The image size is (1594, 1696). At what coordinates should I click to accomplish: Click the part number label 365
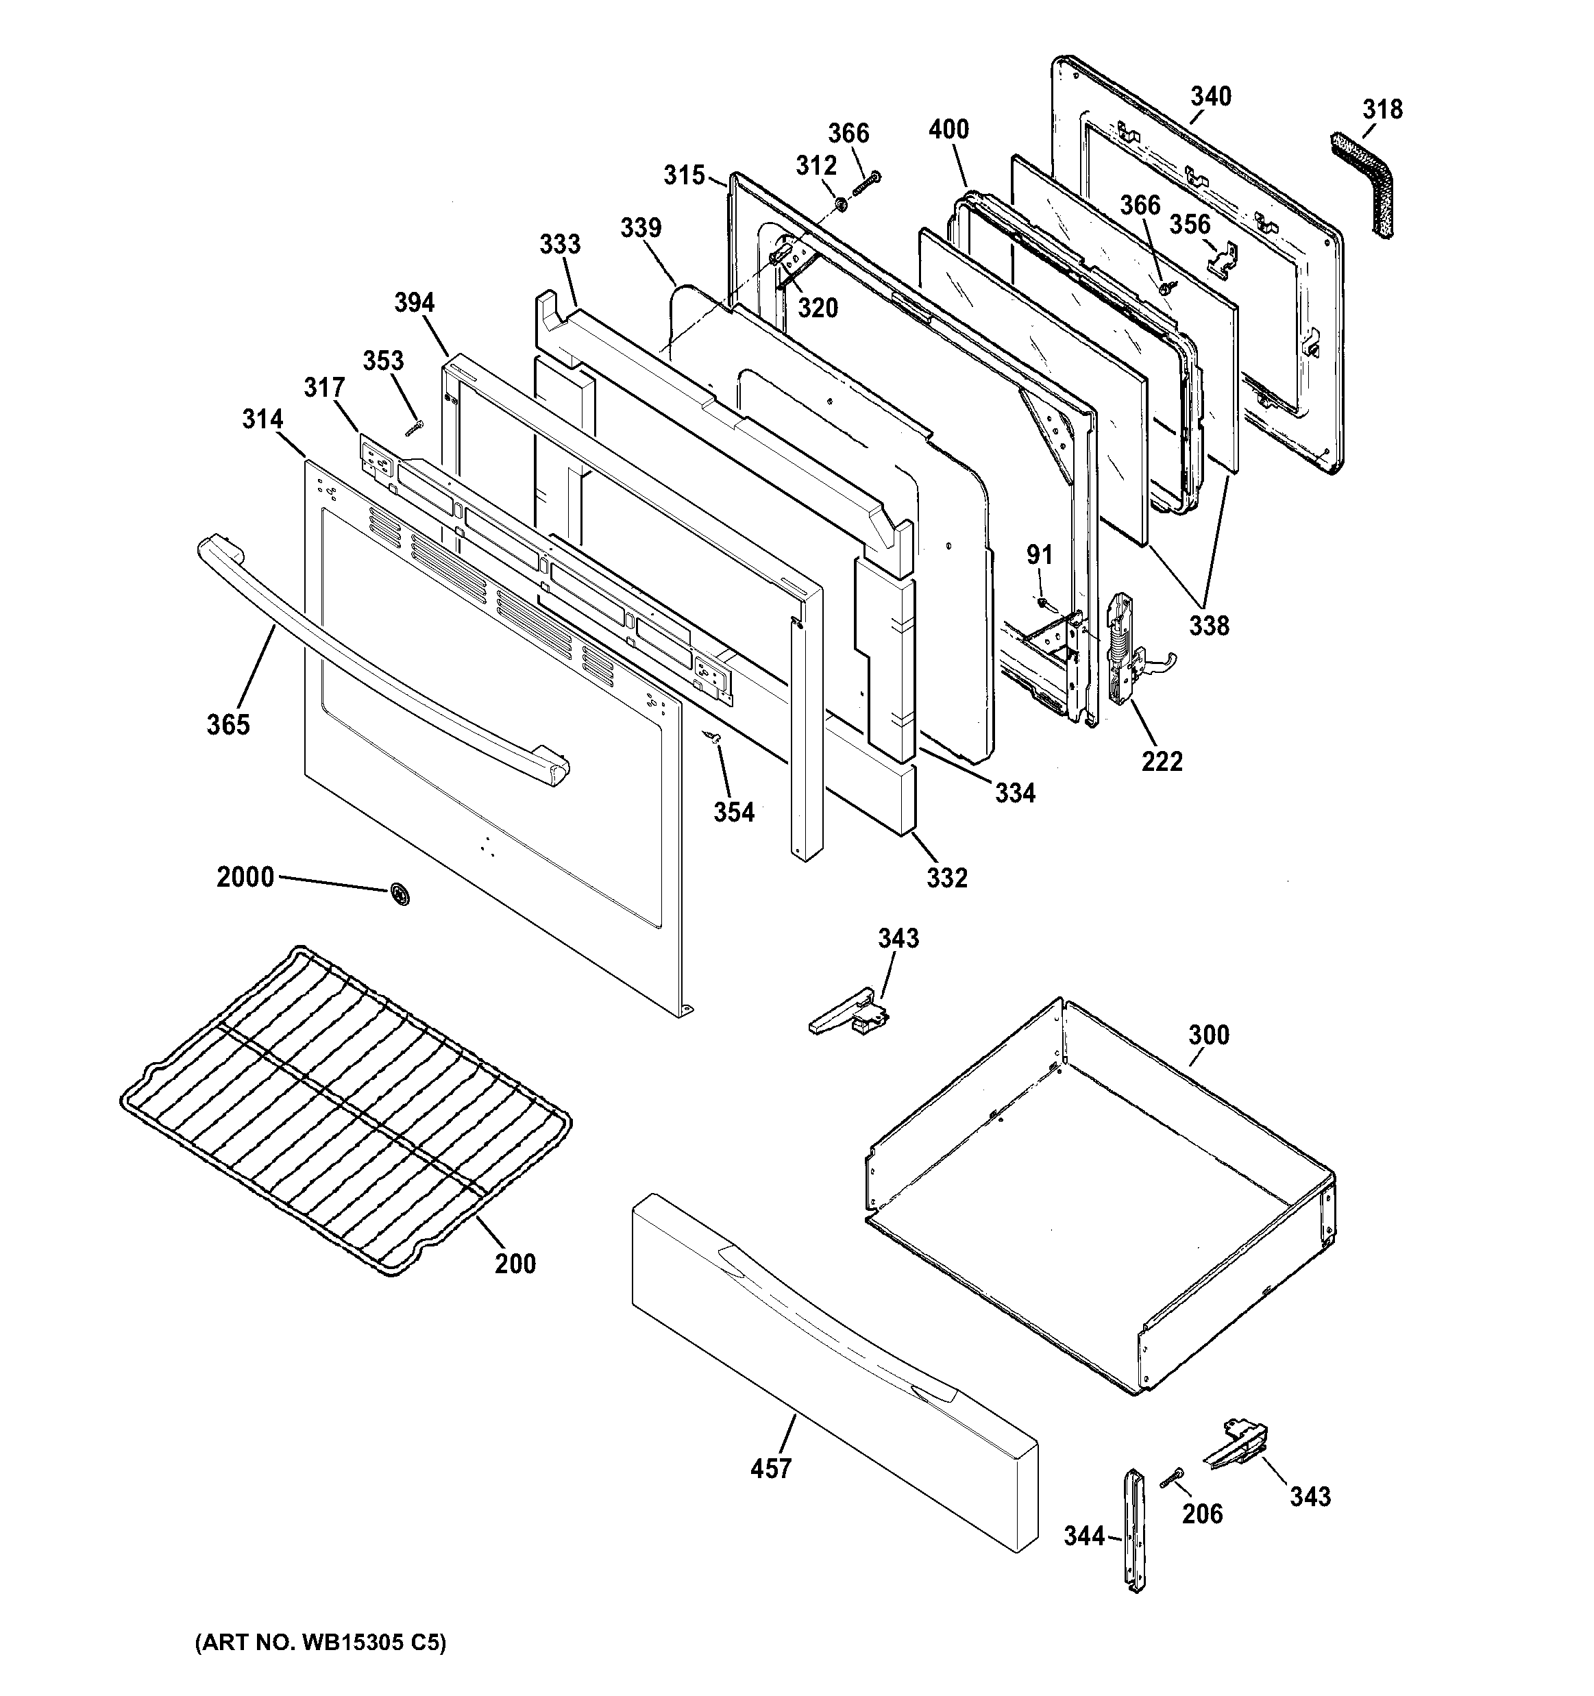(x=228, y=725)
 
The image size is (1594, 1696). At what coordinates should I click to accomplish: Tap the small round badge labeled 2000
(x=399, y=893)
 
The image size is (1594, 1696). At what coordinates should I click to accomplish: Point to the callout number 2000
(x=245, y=877)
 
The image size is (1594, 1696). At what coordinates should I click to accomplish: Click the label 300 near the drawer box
(x=1208, y=1035)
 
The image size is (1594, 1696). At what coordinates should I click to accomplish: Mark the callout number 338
(x=1209, y=626)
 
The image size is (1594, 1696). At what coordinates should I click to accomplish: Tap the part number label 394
(x=415, y=303)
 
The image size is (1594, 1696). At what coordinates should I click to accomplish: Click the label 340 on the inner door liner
(x=1211, y=97)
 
